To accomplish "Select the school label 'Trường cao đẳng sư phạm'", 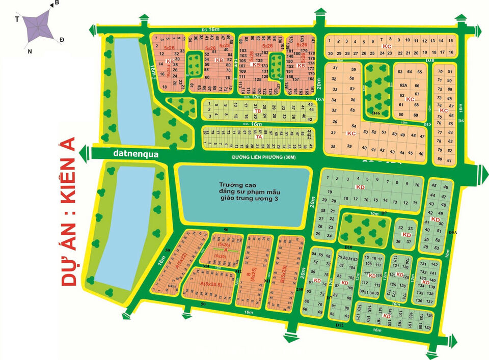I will point(244,191).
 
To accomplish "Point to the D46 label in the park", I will point(376,112).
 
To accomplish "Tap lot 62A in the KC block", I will point(403,86).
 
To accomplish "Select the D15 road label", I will point(427,125).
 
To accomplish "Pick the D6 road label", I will point(460,121).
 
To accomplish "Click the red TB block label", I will point(258,111).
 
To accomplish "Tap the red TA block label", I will point(259,136).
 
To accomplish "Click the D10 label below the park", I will point(348,247).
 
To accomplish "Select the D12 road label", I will point(340,325).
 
